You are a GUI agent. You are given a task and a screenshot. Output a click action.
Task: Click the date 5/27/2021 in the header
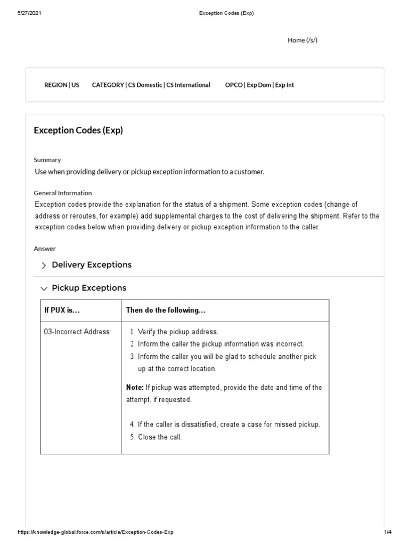click(29, 13)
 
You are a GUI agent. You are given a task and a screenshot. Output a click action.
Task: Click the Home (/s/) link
click(302, 40)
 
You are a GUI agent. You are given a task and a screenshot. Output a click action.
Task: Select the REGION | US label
click(62, 85)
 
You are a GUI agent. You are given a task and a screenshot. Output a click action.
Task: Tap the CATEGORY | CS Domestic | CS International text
click(151, 85)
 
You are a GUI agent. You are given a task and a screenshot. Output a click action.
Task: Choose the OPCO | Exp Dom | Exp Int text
click(259, 85)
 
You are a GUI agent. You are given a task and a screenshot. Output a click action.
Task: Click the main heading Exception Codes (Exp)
click(78, 130)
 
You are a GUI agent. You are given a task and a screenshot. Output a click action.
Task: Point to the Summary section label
click(47, 160)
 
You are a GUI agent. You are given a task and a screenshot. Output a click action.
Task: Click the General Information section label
click(63, 193)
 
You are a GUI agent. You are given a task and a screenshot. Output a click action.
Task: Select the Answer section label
click(45, 248)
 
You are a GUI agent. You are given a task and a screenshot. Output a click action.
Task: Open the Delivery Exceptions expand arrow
click(44, 266)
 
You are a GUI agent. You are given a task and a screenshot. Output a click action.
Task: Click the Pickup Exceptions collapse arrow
click(44, 288)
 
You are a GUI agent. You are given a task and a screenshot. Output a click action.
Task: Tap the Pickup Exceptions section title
click(89, 288)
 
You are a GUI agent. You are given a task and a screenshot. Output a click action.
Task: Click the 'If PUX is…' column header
click(62, 310)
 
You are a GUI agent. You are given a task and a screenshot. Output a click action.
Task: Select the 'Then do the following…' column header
click(166, 310)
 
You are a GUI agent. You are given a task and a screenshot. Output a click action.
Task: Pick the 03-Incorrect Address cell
click(77, 332)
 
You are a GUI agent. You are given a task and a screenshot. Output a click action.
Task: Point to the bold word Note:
click(135, 387)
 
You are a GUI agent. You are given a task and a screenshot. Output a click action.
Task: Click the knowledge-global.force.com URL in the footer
click(95, 532)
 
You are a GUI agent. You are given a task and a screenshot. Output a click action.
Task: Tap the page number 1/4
click(387, 532)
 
